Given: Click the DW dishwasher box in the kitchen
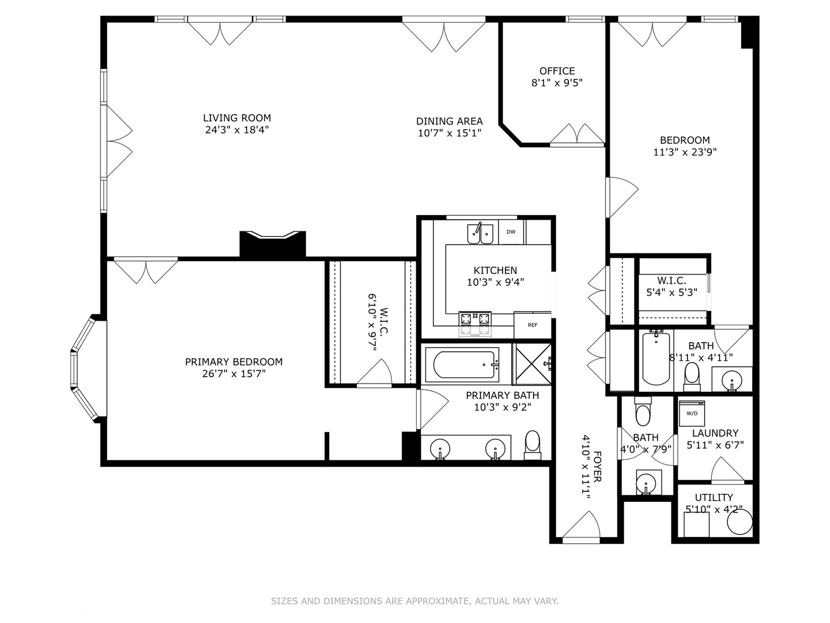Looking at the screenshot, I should pyautogui.click(x=511, y=232).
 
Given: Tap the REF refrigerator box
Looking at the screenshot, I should pyautogui.click(x=533, y=325).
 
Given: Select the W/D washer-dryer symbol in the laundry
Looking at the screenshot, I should pyautogui.click(x=692, y=413).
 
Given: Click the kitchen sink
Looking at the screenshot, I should pyautogui.click(x=480, y=234).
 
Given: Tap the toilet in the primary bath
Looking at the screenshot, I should pyautogui.click(x=533, y=444).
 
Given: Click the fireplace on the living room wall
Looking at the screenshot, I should pyautogui.click(x=273, y=244).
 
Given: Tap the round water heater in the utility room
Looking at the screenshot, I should pyautogui.click(x=740, y=522).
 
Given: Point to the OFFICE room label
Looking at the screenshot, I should pyautogui.click(x=557, y=71).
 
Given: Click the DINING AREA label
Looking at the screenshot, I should pyautogui.click(x=449, y=121).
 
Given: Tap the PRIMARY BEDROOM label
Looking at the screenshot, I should pyautogui.click(x=233, y=362).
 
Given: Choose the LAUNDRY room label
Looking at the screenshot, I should pyautogui.click(x=715, y=433).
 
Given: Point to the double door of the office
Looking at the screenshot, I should pyautogui.click(x=576, y=135).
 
